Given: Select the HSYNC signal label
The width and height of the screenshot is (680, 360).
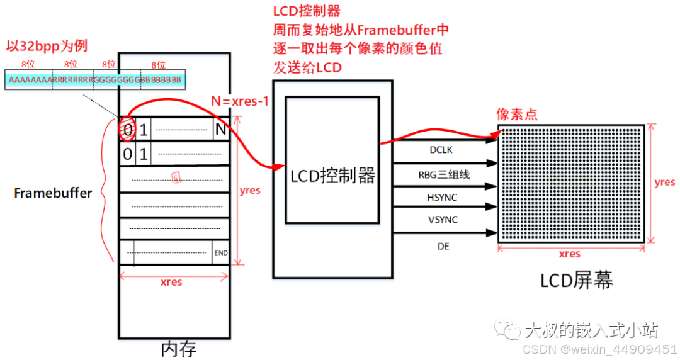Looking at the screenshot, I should (443, 198).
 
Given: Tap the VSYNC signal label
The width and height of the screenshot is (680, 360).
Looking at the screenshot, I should (443, 220).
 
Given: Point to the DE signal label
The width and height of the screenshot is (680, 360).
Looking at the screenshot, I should (443, 247).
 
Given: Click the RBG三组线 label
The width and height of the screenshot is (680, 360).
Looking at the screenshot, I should (444, 174).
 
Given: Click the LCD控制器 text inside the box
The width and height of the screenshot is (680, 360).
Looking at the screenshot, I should (332, 176).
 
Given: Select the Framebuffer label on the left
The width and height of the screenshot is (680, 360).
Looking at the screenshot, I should (53, 193).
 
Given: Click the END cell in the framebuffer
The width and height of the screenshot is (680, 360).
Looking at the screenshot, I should (220, 253).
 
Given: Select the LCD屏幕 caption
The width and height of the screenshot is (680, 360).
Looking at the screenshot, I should (576, 280).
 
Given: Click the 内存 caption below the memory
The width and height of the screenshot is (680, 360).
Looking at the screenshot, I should (179, 348).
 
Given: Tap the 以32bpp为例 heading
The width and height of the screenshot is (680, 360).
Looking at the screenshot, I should (46, 47).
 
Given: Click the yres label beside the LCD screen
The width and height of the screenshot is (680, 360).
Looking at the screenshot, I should (664, 183).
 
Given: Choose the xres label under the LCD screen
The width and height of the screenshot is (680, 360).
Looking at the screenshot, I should (569, 254).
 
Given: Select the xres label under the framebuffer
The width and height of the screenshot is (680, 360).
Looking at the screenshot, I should (171, 283).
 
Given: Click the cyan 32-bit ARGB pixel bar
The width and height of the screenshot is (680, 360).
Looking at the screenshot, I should (94, 80).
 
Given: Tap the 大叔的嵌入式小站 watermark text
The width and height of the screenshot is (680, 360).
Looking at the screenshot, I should (591, 330).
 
